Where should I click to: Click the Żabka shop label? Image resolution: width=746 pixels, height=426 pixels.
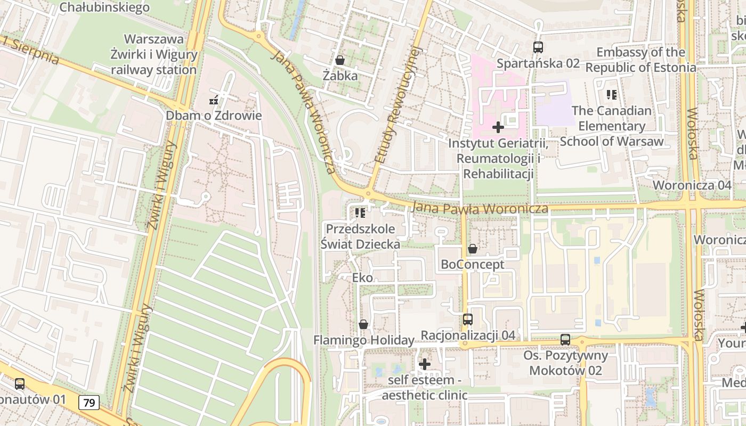(340, 76)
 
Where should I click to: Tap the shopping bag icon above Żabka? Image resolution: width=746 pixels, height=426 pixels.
(340, 60)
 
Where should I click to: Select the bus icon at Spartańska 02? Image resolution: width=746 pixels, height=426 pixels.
(538, 47)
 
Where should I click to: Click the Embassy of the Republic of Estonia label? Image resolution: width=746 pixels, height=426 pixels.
(640, 60)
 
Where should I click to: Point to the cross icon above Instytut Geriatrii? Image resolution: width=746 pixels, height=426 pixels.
(498, 127)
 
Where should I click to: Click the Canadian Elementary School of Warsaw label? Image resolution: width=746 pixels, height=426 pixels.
(611, 126)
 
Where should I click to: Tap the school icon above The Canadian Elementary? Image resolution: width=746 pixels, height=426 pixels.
(611, 95)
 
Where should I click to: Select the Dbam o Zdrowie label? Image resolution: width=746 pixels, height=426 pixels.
(214, 116)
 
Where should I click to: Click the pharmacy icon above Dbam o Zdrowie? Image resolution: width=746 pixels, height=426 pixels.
(214, 100)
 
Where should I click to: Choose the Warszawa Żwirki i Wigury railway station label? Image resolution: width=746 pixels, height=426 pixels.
(154, 54)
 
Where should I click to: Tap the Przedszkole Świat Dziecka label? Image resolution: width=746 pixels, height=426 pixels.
(360, 236)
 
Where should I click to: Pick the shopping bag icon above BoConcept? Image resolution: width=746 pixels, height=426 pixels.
(472, 249)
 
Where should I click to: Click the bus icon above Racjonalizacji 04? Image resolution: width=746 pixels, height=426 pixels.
(468, 319)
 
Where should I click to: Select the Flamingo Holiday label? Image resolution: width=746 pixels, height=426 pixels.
(363, 340)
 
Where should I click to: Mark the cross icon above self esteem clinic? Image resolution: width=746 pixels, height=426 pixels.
(425, 364)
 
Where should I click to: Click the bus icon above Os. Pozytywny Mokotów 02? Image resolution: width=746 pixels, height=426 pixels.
(565, 340)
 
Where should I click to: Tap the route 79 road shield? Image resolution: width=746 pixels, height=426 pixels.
(89, 403)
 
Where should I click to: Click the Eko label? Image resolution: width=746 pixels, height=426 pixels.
(362, 277)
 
